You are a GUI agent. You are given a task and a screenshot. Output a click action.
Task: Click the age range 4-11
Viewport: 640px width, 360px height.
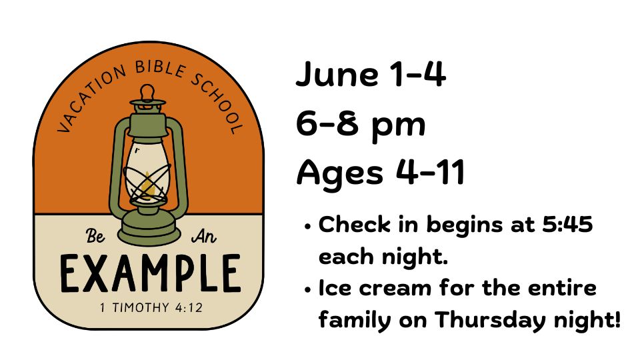[x=431, y=172]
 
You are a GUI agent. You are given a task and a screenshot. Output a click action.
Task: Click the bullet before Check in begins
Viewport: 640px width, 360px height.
[x=308, y=227]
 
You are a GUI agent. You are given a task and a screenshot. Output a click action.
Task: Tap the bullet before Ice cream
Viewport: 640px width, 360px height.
[x=308, y=290]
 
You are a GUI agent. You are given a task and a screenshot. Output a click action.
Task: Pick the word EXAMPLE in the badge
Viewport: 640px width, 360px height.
[x=151, y=273]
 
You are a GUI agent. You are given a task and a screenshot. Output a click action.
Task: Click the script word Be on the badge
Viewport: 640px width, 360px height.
[x=95, y=235]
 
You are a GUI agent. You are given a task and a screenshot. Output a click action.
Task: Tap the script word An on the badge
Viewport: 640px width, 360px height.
[x=204, y=236]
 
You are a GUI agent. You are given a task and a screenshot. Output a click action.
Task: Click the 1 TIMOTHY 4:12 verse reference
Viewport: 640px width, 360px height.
[x=151, y=307]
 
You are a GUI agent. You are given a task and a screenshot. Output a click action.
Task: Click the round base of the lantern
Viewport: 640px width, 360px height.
[x=149, y=231]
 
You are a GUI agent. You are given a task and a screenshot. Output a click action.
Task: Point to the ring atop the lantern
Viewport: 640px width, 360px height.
[x=147, y=92]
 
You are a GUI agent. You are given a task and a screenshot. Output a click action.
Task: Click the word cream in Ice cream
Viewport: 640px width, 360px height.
[x=395, y=288]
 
